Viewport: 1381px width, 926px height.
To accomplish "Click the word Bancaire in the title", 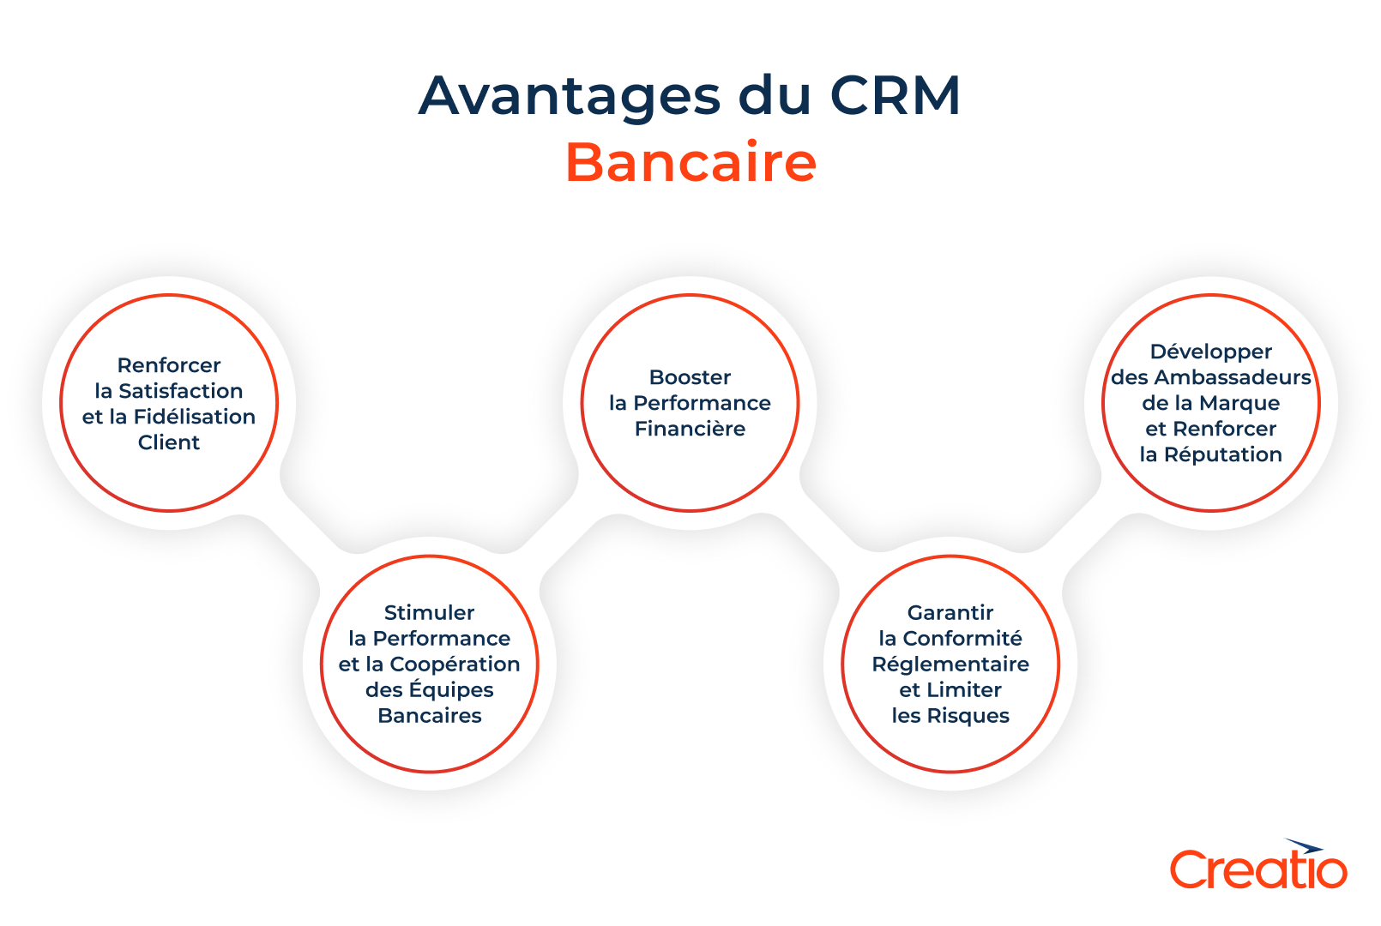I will click(x=690, y=163).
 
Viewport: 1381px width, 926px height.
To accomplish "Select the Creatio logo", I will click(x=1258, y=868).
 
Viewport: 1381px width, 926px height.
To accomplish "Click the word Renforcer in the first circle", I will click(x=169, y=365).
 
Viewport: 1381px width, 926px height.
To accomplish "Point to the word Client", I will click(x=169, y=442).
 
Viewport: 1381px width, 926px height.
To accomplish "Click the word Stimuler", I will click(x=429, y=613).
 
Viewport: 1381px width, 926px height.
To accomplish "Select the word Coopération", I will click(x=455, y=664).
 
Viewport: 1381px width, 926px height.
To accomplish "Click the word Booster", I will click(x=690, y=377).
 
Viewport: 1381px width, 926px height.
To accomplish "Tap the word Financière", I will click(x=690, y=429).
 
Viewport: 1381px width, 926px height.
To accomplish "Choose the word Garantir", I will click(x=950, y=613).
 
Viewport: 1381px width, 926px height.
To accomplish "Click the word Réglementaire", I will click(x=950, y=664).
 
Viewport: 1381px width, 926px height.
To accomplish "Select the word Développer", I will click(x=1210, y=352).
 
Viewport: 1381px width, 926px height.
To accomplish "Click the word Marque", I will click(x=1239, y=403).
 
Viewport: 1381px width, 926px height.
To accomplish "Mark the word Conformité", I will click(x=962, y=639).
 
